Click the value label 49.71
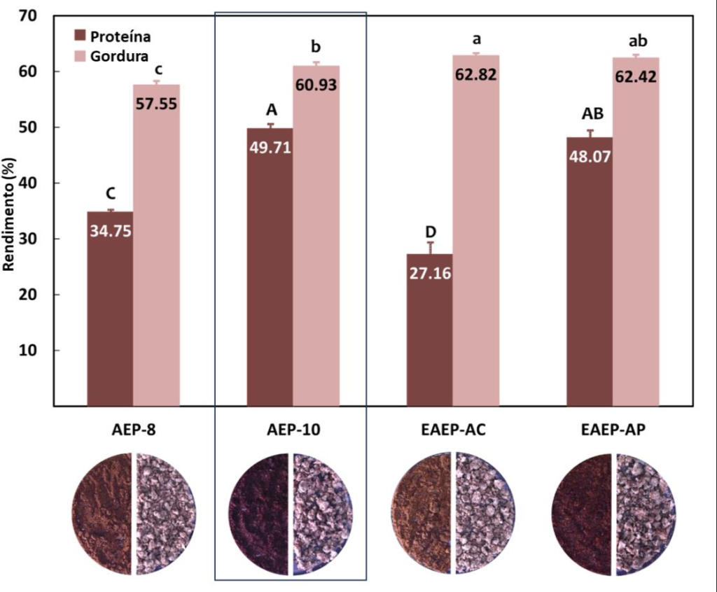click(270, 148)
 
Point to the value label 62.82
click(475, 75)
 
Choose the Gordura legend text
click(119, 55)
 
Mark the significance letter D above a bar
click(431, 232)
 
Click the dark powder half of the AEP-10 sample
click(260, 514)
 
